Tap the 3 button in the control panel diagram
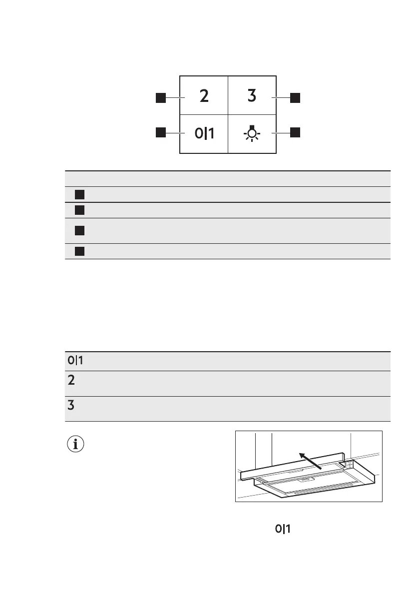[252, 96]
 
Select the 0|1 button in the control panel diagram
[204, 133]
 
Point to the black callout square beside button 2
[160, 98]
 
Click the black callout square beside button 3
[295, 98]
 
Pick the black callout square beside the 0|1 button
[160, 132]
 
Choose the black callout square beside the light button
[295, 132]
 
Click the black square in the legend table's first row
[78, 194]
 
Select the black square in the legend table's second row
[78, 210]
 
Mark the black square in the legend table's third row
[78, 230]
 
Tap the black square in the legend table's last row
[78, 251]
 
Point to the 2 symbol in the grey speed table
[71, 381]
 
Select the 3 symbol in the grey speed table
[71, 406]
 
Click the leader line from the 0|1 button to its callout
[173, 133]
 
